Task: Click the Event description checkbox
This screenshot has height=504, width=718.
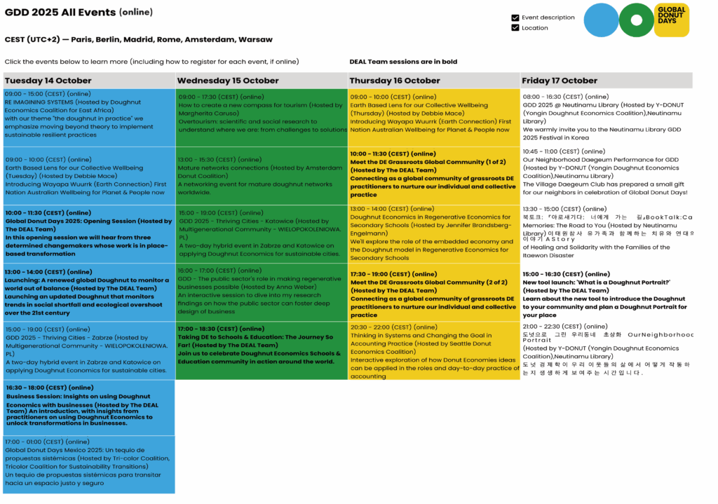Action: (x=515, y=18)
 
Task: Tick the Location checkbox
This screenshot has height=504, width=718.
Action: (x=515, y=28)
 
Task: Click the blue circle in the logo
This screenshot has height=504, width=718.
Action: (x=602, y=20)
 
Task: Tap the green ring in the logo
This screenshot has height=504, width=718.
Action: (x=637, y=20)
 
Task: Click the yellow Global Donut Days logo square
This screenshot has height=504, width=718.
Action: (x=671, y=20)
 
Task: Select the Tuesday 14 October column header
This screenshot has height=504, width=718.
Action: (x=89, y=81)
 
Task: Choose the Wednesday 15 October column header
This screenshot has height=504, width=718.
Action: (x=261, y=81)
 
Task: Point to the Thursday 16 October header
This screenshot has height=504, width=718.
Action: (x=433, y=81)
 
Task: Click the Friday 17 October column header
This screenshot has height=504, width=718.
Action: (x=606, y=81)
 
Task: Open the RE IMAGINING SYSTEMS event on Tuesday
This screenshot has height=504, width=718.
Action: (x=89, y=117)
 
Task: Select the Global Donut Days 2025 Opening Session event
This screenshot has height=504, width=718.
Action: (x=89, y=233)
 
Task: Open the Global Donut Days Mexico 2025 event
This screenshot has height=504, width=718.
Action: (x=89, y=464)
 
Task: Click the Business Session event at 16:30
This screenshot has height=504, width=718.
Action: (x=89, y=407)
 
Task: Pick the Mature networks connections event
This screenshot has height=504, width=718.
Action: (x=261, y=175)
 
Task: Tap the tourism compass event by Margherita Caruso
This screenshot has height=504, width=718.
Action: (x=261, y=117)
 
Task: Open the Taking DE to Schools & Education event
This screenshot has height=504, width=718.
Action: (x=261, y=350)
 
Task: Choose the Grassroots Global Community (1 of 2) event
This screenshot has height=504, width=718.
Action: (x=433, y=175)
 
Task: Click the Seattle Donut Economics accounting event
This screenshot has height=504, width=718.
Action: (x=433, y=351)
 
